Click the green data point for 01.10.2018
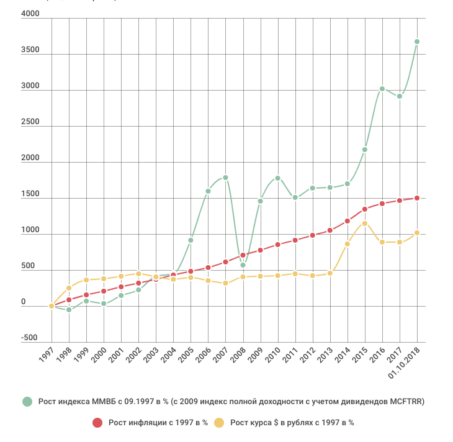point(417,42)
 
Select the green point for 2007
point(226,178)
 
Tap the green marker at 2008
point(243,265)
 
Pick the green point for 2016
point(382,89)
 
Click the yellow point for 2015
point(365,223)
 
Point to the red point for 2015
point(365,209)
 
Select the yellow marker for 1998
point(69,288)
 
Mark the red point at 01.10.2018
point(417,198)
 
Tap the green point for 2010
point(278,178)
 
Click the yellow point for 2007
point(226,284)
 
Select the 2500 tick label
point(30,122)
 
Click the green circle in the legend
point(27,402)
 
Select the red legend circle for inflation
point(97,423)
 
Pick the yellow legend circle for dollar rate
point(219,423)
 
